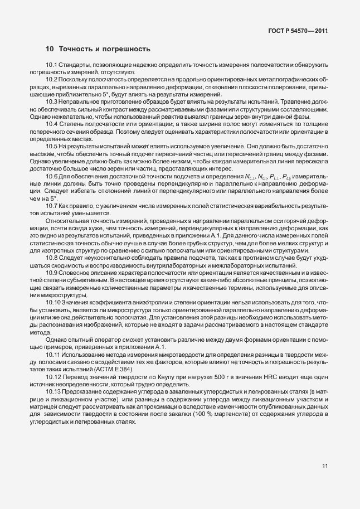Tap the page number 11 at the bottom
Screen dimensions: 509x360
(325, 466)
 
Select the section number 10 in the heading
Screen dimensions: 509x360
(50, 49)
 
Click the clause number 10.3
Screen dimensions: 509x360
(52, 101)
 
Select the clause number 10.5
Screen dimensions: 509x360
(52, 146)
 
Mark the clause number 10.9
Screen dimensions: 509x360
(52, 272)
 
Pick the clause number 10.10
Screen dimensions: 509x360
(53, 302)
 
